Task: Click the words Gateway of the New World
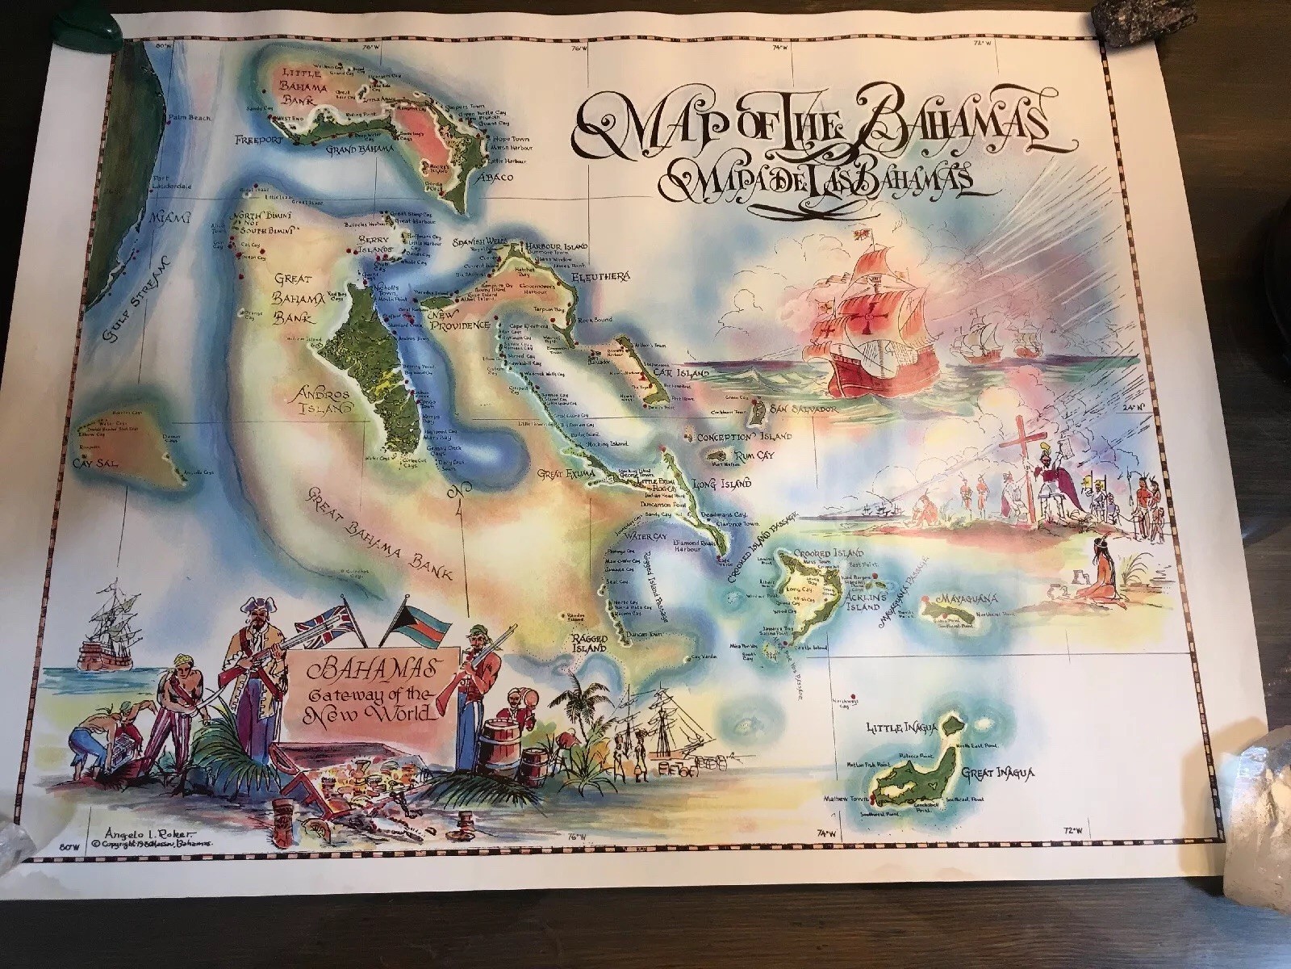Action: pos(374,702)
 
